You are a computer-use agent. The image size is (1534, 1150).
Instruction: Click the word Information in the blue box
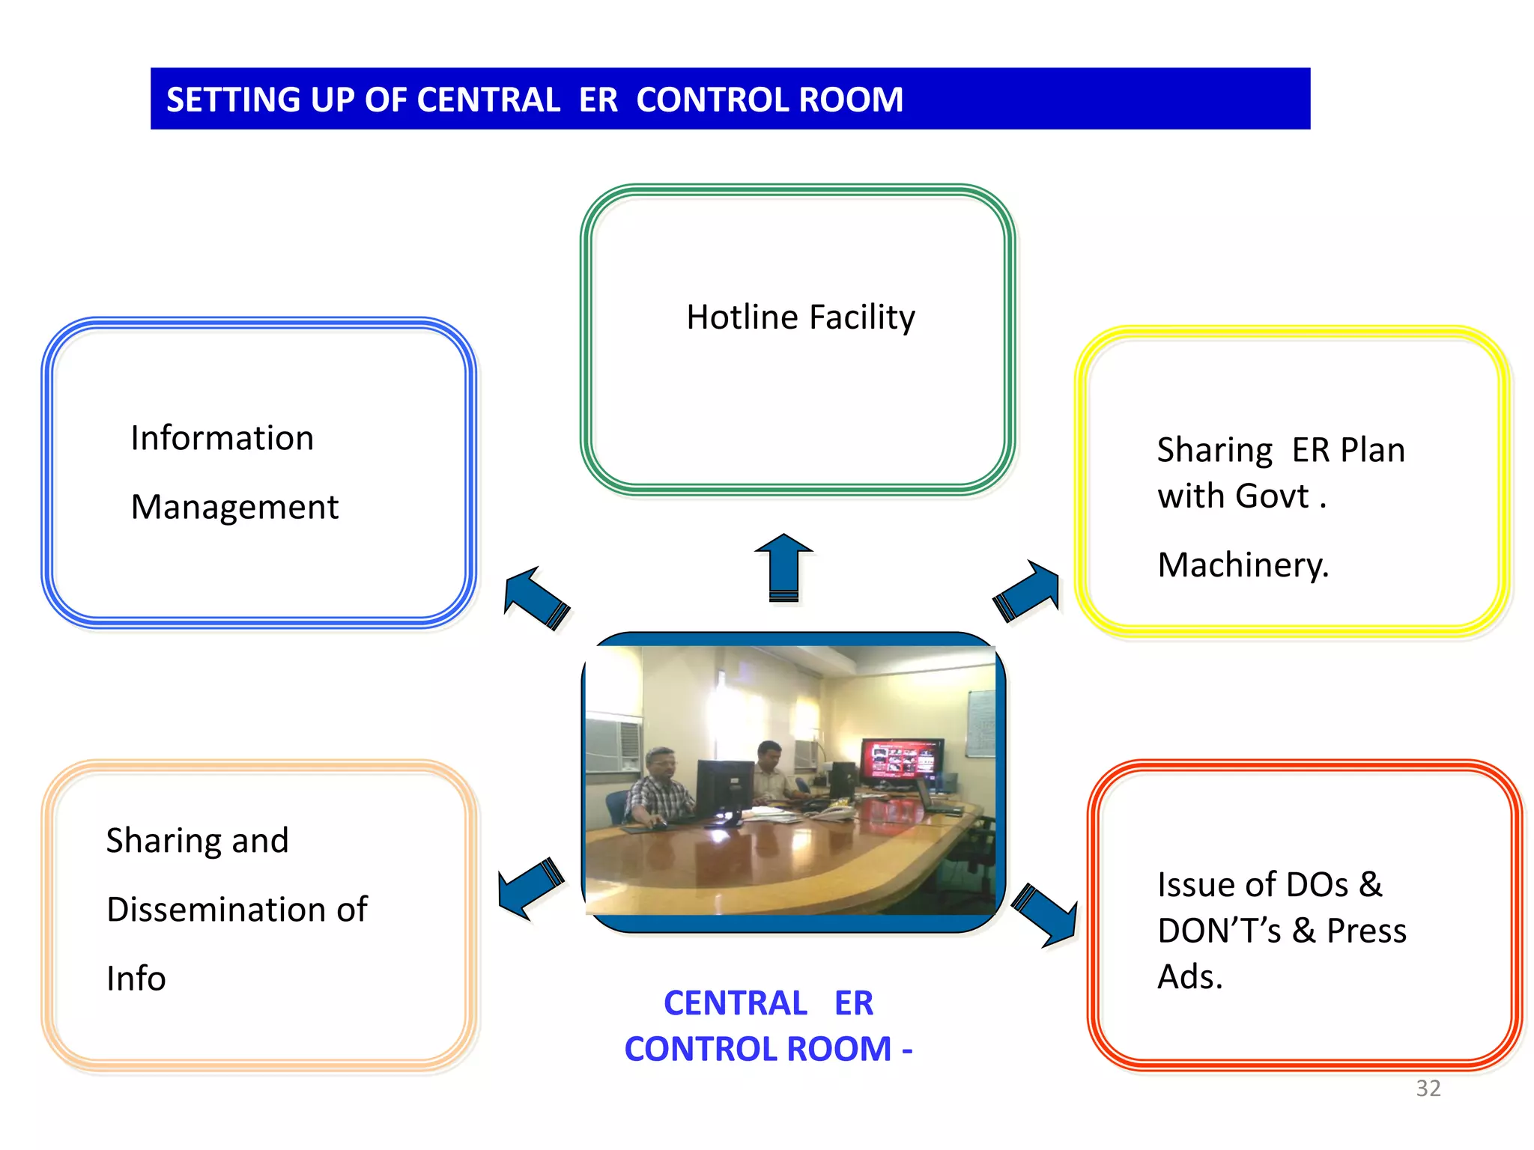point(222,438)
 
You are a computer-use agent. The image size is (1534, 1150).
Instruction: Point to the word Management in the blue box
point(234,508)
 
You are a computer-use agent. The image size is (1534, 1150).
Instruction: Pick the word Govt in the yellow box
point(1271,496)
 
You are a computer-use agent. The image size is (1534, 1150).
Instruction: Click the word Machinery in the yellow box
point(1242,565)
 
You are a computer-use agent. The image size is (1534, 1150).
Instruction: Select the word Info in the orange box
point(136,979)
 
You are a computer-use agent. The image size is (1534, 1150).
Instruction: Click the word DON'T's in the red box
point(1218,931)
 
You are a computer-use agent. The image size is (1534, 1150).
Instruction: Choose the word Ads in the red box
point(1188,977)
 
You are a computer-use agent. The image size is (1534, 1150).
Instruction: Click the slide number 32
point(1428,1088)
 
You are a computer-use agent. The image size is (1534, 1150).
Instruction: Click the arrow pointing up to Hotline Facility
point(783,567)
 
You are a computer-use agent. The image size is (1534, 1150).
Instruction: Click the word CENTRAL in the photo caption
point(735,1003)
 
